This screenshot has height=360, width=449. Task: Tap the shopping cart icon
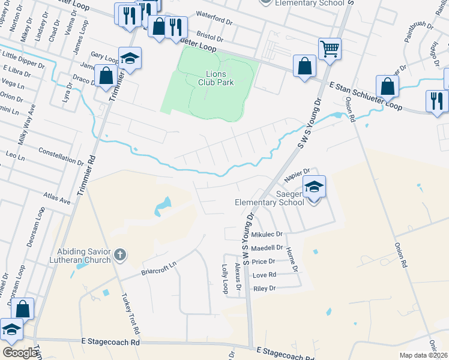(x=330, y=49)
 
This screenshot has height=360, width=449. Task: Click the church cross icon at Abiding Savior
(x=120, y=255)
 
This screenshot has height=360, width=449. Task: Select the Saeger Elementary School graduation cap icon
(x=315, y=187)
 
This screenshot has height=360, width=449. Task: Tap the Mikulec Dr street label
(x=267, y=235)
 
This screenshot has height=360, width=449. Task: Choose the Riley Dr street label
(x=264, y=289)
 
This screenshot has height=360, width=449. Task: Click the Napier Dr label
(x=297, y=173)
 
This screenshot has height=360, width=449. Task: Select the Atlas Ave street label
(x=57, y=198)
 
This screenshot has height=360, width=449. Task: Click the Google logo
(x=20, y=353)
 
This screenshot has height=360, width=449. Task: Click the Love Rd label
(x=264, y=275)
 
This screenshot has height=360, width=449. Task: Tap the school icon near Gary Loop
(x=130, y=58)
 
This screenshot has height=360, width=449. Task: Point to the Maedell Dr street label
(x=267, y=248)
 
